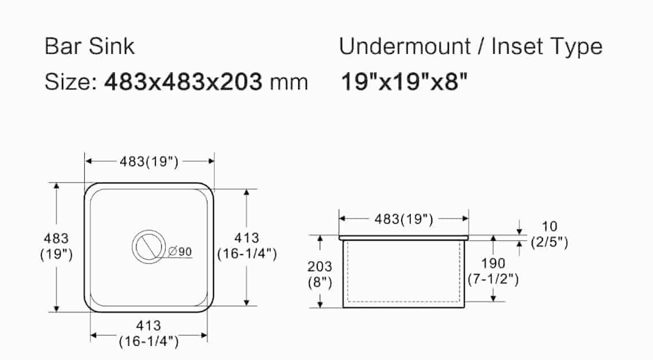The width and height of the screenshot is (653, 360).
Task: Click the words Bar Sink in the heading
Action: point(90,46)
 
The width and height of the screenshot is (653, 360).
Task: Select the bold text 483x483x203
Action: point(183,81)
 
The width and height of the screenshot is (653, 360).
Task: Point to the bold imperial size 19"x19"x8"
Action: point(404,81)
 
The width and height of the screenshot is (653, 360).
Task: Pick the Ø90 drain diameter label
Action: point(180,251)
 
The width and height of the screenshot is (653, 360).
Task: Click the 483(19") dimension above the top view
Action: point(149,161)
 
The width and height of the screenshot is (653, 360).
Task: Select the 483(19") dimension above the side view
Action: point(404,219)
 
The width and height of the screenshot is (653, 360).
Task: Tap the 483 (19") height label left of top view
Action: point(56,246)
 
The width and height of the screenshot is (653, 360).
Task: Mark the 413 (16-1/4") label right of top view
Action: point(247,246)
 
